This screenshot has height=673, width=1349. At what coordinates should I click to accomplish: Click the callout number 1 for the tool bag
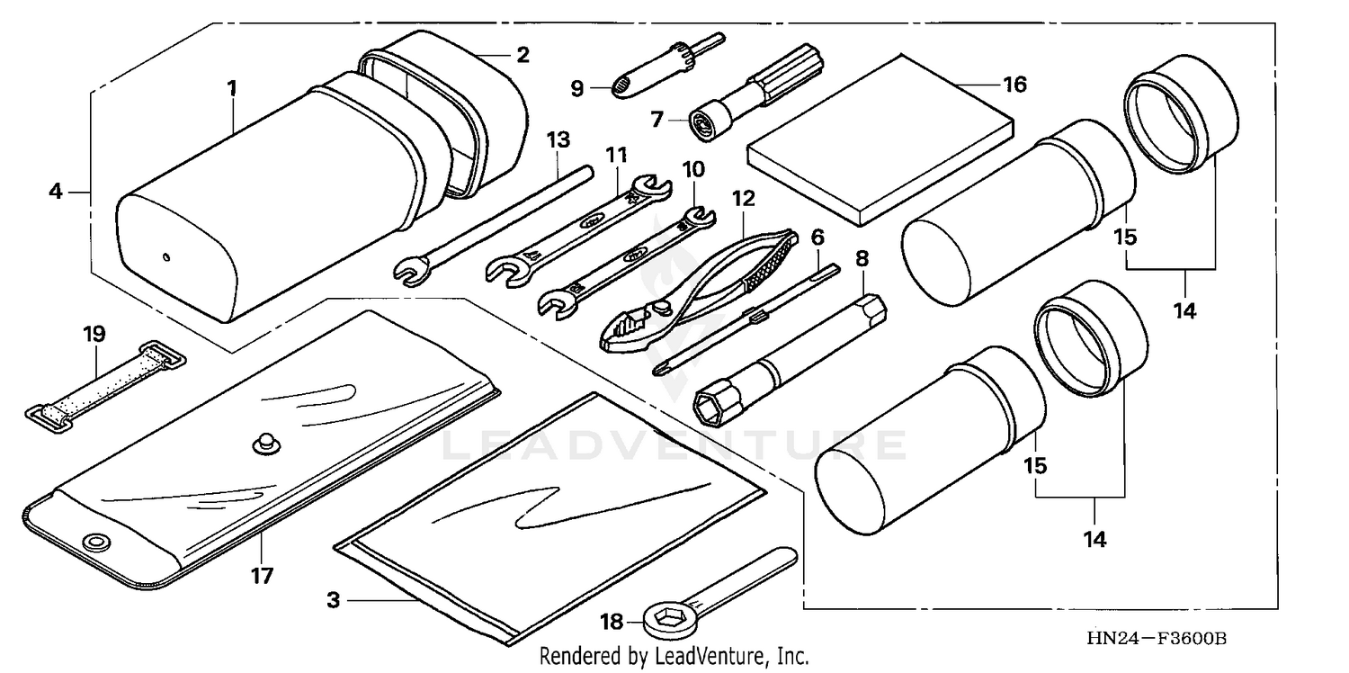tap(232, 88)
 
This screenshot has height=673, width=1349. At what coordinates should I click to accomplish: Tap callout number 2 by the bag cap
tap(522, 55)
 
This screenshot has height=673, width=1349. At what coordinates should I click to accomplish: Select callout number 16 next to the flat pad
tap(1014, 85)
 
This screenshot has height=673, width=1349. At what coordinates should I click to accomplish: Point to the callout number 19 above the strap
tap(94, 334)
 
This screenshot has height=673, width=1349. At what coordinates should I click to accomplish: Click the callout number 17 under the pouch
tap(261, 575)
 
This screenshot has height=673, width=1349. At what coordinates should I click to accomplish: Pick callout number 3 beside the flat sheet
tap(334, 599)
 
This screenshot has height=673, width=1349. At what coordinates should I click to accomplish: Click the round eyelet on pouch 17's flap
tap(93, 541)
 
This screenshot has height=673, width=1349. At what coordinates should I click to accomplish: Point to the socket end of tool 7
tap(702, 122)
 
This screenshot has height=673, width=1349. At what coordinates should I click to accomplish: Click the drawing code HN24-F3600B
tap(1156, 639)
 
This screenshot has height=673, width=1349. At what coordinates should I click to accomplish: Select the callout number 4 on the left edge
tap(56, 191)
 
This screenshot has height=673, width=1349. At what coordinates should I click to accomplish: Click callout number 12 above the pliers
tap(743, 196)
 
